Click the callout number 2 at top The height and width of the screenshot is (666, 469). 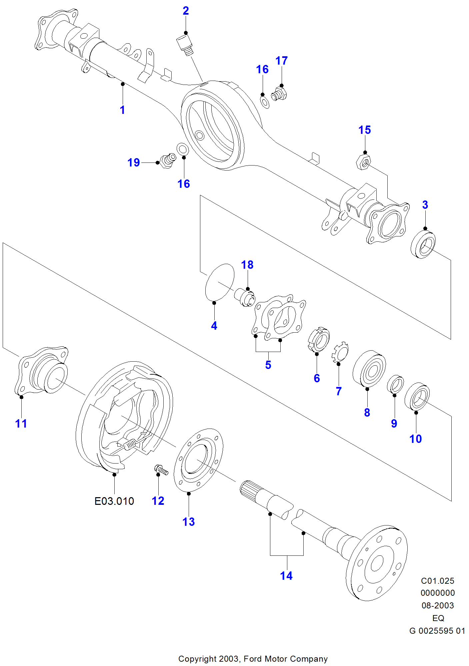pos(186,11)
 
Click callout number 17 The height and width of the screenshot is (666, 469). pos(281,61)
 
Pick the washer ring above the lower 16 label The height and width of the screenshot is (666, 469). pos(182,149)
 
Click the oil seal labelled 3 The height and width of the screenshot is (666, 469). pos(423,245)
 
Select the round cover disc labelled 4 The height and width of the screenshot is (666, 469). pos(220,282)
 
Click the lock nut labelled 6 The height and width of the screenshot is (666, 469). pos(319,340)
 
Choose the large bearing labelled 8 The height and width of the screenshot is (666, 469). pos(369,369)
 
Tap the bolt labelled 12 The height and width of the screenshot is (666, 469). pos(161,470)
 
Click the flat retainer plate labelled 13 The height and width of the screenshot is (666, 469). pos(199,460)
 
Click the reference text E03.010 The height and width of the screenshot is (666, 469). pos(114,501)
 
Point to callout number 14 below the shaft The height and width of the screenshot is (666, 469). pos(286,576)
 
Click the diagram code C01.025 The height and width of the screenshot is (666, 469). pos(437,581)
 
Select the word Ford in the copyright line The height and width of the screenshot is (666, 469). pos(253,659)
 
